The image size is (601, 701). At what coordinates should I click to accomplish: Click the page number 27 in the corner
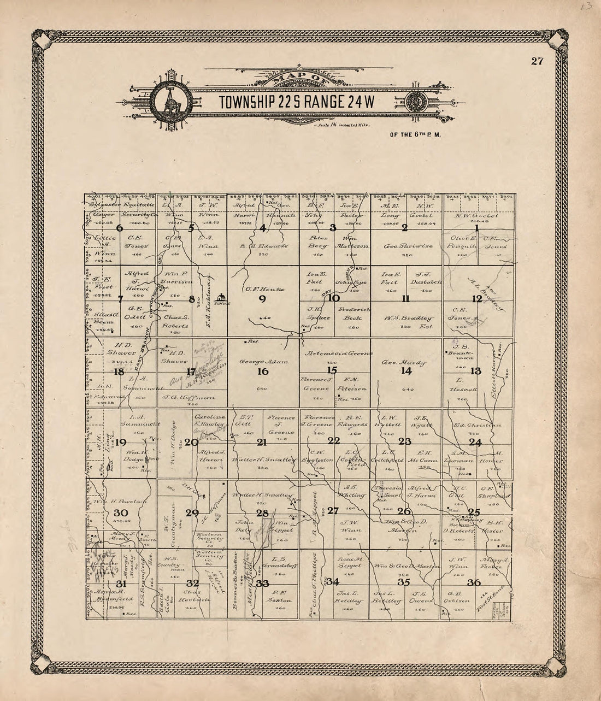pyautogui.click(x=537, y=61)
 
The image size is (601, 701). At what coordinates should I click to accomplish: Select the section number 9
pyautogui.click(x=262, y=299)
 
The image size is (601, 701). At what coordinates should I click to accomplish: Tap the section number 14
pyautogui.click(x=405, y=372)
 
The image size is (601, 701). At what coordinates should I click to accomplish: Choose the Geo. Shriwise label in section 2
pyautogui.click(x=409, y=246)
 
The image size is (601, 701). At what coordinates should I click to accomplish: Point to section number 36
pyautogui.click(x=474, y=583)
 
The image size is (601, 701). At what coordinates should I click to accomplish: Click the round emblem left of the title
pyautogui.click(x=171, y=102)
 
